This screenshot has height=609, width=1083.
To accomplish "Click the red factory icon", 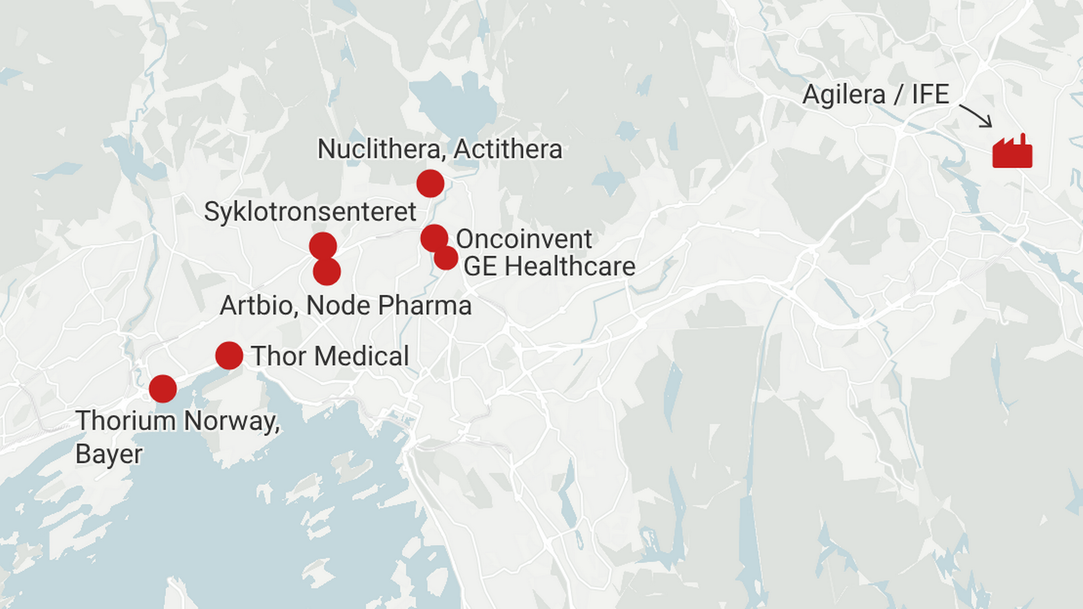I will pyautogui.click(x=1012, y=152).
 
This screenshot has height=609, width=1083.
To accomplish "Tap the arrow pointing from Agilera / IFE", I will pyautogui.click(x=976, y=115).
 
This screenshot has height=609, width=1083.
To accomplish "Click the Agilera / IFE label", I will pyautogui.click(x=875, y=95).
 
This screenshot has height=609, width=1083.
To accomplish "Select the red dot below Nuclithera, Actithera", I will pyautogui.click(x=430, y=183).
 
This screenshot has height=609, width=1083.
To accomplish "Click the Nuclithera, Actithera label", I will pyautogui.click(x=440, y=149).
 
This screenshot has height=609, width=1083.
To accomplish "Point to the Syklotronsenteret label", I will pyautogui.click(x=310, y=212).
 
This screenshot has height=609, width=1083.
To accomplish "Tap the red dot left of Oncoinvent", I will pyautogui.click(x=434, y=237).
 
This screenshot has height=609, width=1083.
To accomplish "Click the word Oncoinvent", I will pyautogui.click(x=524, y=239).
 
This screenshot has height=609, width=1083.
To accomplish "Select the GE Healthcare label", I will pyautogui.click(x=549, y=267).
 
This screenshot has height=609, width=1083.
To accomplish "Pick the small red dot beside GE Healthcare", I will pyautogui.click(x=446, y=258).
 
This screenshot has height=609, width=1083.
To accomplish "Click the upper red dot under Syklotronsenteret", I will pyautogui.click(x=323, y=246).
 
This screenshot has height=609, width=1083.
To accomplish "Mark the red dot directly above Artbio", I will pyautogui.click(x=327, y=272).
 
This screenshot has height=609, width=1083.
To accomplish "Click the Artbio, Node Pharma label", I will pyautogui.click(x=346, y=306).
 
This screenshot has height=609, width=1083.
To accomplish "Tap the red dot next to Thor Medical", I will pyautogui.click(x=229, y=356).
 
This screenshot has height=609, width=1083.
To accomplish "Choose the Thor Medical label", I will pyautogui.click(x=330, y=356).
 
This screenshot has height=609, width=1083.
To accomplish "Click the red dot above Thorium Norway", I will pyautogui.click(x=163, y=389).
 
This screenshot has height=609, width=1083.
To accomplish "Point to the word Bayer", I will pyautogui.click(x=109, y=454).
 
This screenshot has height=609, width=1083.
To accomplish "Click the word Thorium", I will pyautogui.click(x=126, y=421).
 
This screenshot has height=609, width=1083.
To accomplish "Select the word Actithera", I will pyautogui.click(x=508, y=149).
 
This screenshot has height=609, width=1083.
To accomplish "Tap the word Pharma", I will pyautogui.click(x=425, y=306).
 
